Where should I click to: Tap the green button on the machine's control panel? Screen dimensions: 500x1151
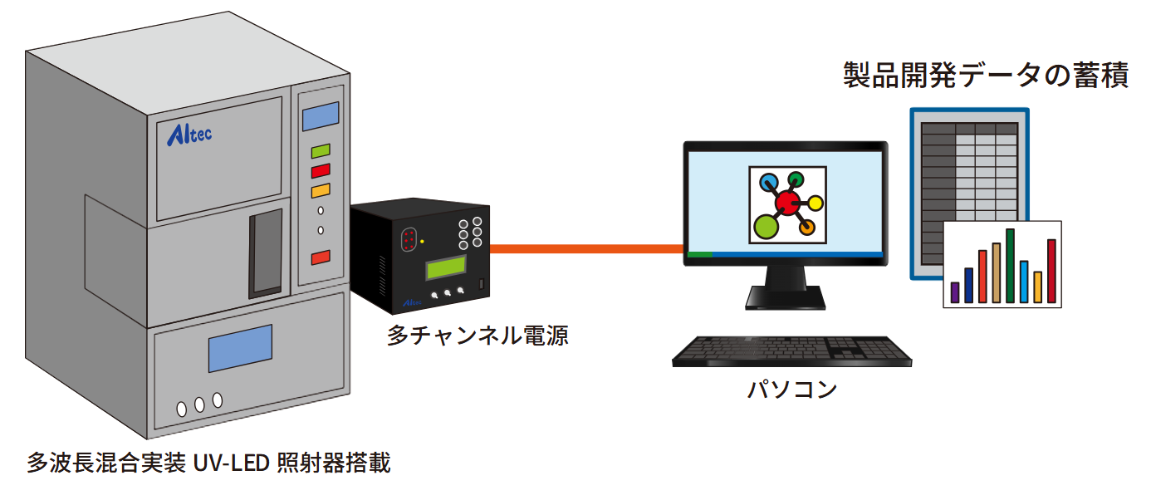(x=321, y=152)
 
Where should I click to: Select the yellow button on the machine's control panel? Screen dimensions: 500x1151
(x=321, y=191)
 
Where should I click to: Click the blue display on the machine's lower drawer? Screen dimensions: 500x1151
(x=239, y=348)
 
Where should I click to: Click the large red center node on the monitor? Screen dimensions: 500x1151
(x=786, y=201)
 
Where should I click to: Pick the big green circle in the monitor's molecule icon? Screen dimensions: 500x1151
(x=767, y=225)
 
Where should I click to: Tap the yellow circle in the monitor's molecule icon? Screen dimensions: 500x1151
(x=815, y=202)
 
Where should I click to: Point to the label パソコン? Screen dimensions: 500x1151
(x=792, y=389)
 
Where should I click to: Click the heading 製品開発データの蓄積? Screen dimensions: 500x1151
(x=986, y=76)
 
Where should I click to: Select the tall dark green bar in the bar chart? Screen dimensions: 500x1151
(x=1010, y=266)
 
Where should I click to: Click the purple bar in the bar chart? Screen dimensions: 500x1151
(x=955, y=292)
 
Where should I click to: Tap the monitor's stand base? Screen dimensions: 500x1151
(x=785, y=299)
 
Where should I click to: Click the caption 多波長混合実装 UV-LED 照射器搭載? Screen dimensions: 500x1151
(x=208, y=463)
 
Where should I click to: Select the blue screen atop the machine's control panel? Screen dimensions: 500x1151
(x=321, y=116)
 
